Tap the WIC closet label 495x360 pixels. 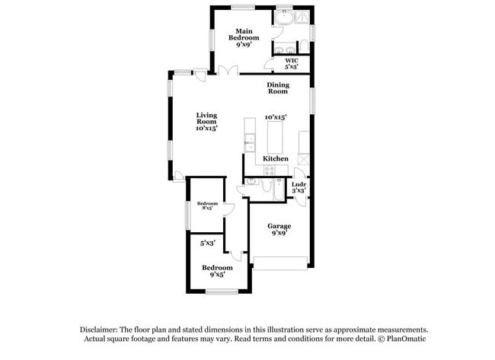(x=291, y=63)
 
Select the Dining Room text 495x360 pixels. (x=277, y=88)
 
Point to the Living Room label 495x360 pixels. (x=206, y=122)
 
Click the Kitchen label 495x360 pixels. (x=276, y=158)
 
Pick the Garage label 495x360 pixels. (x=279, y=229)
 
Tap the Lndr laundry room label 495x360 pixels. (x=299, y=186)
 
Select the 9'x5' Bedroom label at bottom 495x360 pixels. (x=216, y=270)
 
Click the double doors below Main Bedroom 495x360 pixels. (x=225, y=71)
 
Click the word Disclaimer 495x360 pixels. (x=101, y=329)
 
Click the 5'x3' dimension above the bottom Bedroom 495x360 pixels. (x=207, y=243)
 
